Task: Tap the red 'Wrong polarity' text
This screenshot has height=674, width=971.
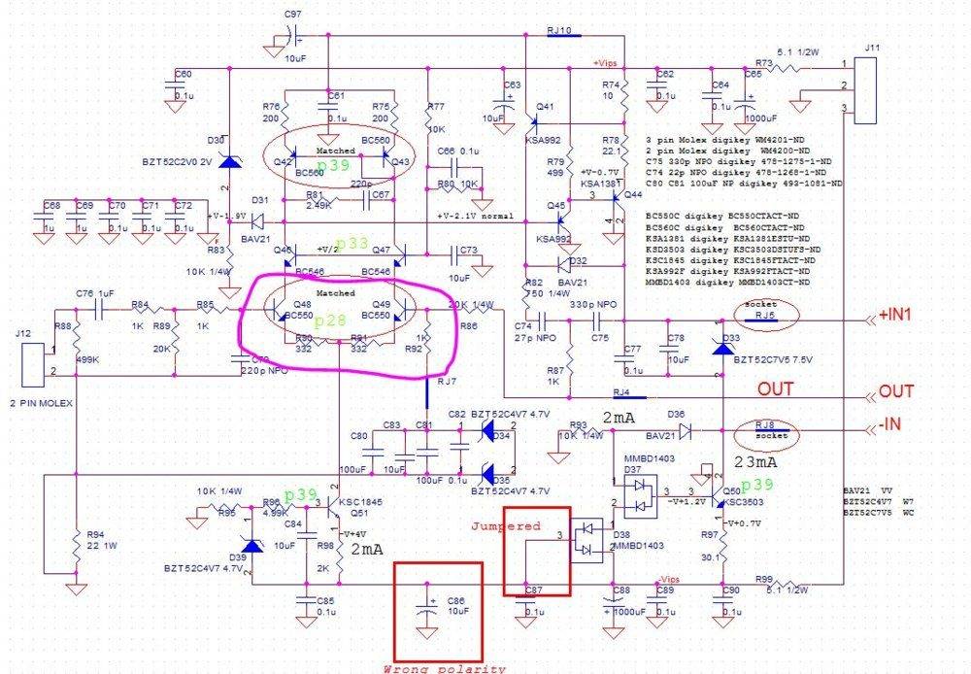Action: [x=445, y=668]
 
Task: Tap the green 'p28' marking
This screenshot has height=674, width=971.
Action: [x=337, y=320]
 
